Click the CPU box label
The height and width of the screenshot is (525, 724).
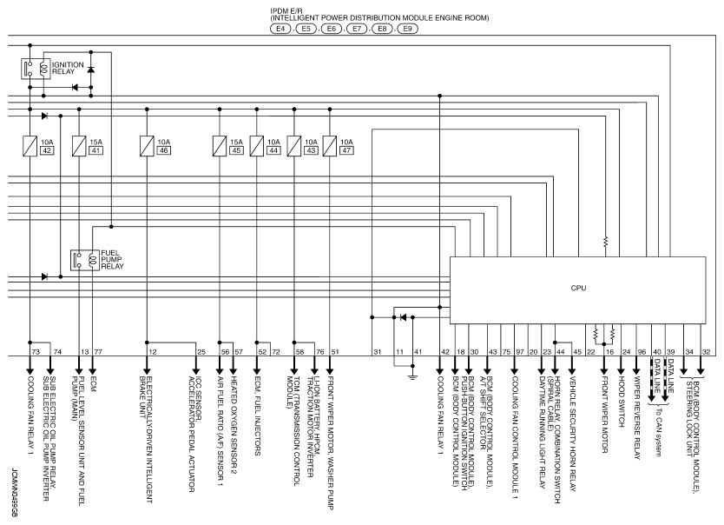pos(578,288)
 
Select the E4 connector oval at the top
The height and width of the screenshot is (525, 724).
pos(280,29)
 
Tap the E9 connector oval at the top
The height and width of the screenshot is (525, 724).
pos(407,29)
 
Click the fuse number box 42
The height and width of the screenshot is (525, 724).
pos(47,150)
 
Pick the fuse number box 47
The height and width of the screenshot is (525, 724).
pos(346,150)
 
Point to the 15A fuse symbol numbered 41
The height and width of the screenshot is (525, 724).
pos(79,145)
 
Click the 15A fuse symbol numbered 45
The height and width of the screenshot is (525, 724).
pos(220,145)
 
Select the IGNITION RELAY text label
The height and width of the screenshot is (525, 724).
pos(68,68)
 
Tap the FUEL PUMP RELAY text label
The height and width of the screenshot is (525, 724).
pos(112,259)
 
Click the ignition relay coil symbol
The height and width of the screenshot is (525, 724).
pos(44,69)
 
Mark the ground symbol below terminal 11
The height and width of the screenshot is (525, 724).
pos(413,377)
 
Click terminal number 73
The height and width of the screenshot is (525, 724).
pos(36,352)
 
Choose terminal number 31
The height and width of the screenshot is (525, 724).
pos(378,352)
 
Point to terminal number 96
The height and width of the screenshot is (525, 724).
pos(642,352)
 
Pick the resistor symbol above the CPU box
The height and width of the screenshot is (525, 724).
pos(606,241)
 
